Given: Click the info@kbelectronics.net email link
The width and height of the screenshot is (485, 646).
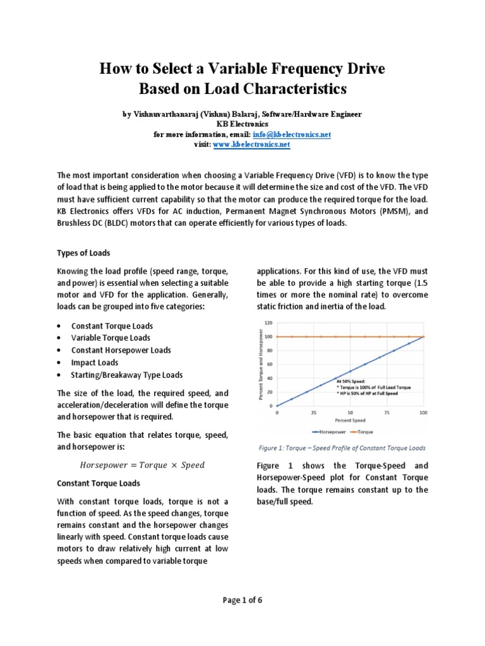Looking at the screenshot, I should coord(300,135).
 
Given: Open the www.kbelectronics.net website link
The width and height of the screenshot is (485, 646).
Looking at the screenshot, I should coord(251,144).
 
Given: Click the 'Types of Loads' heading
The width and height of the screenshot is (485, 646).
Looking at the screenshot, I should coord(84,253).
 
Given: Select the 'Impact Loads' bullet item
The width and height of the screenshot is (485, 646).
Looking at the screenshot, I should coord(95,362).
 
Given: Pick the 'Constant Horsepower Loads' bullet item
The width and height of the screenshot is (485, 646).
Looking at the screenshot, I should coord(121,350).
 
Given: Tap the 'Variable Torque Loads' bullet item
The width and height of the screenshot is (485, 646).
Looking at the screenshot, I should coord(111,338).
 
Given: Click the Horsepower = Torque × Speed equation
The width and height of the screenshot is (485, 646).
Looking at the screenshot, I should coord(142,465).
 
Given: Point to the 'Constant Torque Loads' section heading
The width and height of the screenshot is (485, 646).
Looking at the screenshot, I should coord(99,483).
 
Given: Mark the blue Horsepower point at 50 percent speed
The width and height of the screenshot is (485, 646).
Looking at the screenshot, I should coord(350,371).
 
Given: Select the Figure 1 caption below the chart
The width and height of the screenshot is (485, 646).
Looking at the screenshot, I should coord(342,448).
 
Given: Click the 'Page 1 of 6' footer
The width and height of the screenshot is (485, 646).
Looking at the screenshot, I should coord(242,601).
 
